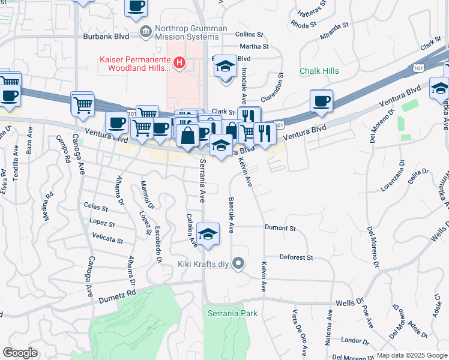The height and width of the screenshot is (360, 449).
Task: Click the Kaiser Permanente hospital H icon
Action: click(178, 62)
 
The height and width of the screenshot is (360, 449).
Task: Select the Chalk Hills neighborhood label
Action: click(319, 71)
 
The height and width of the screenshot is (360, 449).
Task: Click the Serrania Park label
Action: click(232, 313)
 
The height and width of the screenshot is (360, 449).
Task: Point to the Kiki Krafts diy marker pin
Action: click(239, 263)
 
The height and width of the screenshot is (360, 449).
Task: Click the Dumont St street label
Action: click(280, 228)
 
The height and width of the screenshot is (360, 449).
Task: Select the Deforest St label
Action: click(297, 257)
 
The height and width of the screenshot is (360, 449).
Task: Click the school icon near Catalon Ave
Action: click(208, 234)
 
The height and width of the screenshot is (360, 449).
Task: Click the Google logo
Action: click(20, 353)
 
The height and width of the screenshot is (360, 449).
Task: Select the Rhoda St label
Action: click(303, 25)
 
